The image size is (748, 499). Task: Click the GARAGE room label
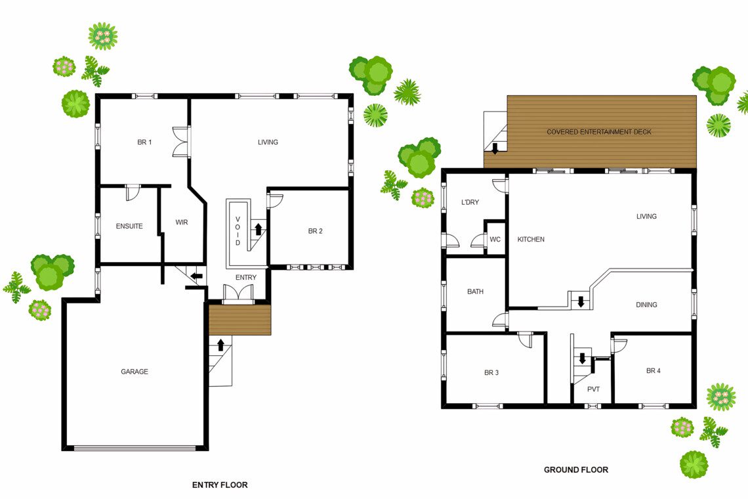pos(135,372)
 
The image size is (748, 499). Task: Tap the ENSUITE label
pos(129,226)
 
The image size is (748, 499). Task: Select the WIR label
pos(182,222)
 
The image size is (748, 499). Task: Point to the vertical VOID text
pos(238,230)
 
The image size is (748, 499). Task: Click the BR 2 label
pos(316,231)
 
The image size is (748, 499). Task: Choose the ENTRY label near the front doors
pos(245,278)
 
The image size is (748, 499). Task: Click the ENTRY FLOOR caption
pos(220,485)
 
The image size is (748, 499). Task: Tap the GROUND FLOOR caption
pos(576,470)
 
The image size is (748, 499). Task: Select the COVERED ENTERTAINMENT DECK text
pos(598,132)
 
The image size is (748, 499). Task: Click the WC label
pos(495,239)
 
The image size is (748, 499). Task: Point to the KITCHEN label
pos(531,239)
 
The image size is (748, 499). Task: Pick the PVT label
pos(593,389)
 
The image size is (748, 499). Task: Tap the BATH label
pos(475,292)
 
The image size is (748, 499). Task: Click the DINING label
pos(646,305)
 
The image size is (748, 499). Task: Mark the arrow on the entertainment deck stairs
pos(495,148)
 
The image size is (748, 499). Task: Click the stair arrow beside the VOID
pos(258,228)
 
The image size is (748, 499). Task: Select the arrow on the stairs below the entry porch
pos(220,345)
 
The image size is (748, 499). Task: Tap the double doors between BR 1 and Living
pos(181,142)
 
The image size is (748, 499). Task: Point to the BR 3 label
pos(491,372)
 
